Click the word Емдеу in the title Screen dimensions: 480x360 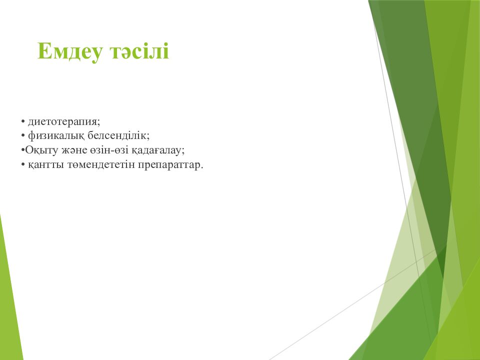pos(70,51)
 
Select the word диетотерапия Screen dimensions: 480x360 pos(63,122)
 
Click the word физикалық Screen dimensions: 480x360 pos(56,136)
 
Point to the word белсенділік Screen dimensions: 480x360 pos(117,135)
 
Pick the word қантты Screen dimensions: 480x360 pos(46,165)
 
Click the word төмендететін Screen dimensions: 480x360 pos(100,165)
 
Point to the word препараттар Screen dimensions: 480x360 pos(169,165)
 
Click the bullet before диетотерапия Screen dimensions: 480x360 pos(23,122)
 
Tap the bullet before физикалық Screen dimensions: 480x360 pos(23,136)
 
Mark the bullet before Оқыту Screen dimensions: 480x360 pos(23,150)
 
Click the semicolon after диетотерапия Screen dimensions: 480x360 pos(98,123)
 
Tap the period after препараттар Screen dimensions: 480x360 pos(201,168)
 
